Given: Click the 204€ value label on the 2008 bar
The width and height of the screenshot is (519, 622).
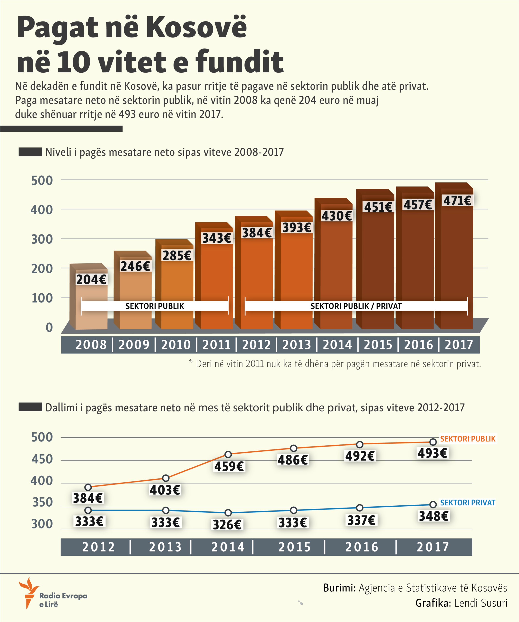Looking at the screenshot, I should click(91, 280).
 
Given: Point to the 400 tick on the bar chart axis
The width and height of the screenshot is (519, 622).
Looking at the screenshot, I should click(42, 210).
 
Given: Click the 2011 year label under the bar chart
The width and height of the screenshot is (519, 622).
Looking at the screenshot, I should click(216, 345).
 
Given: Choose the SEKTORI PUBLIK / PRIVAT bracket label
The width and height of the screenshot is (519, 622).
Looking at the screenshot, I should click(356, 306).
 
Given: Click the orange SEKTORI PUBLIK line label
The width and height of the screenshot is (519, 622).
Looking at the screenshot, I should click(467, 439).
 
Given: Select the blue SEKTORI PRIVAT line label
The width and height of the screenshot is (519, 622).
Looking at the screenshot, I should click(467, 503).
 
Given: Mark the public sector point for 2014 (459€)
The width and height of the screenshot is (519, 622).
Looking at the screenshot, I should click(228, 454).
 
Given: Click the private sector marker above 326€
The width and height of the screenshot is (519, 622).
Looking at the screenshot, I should click(228, 513).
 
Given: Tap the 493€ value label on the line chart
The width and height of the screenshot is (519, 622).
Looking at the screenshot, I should click(432, 453).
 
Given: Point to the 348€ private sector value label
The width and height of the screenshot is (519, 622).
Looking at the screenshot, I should click(434, 516).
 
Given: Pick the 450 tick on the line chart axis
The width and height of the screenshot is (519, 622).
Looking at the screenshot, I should click(42, 459).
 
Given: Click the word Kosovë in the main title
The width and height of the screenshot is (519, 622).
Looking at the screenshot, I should click(196, 27).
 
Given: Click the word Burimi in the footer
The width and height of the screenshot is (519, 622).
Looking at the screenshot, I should click(339, 588).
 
